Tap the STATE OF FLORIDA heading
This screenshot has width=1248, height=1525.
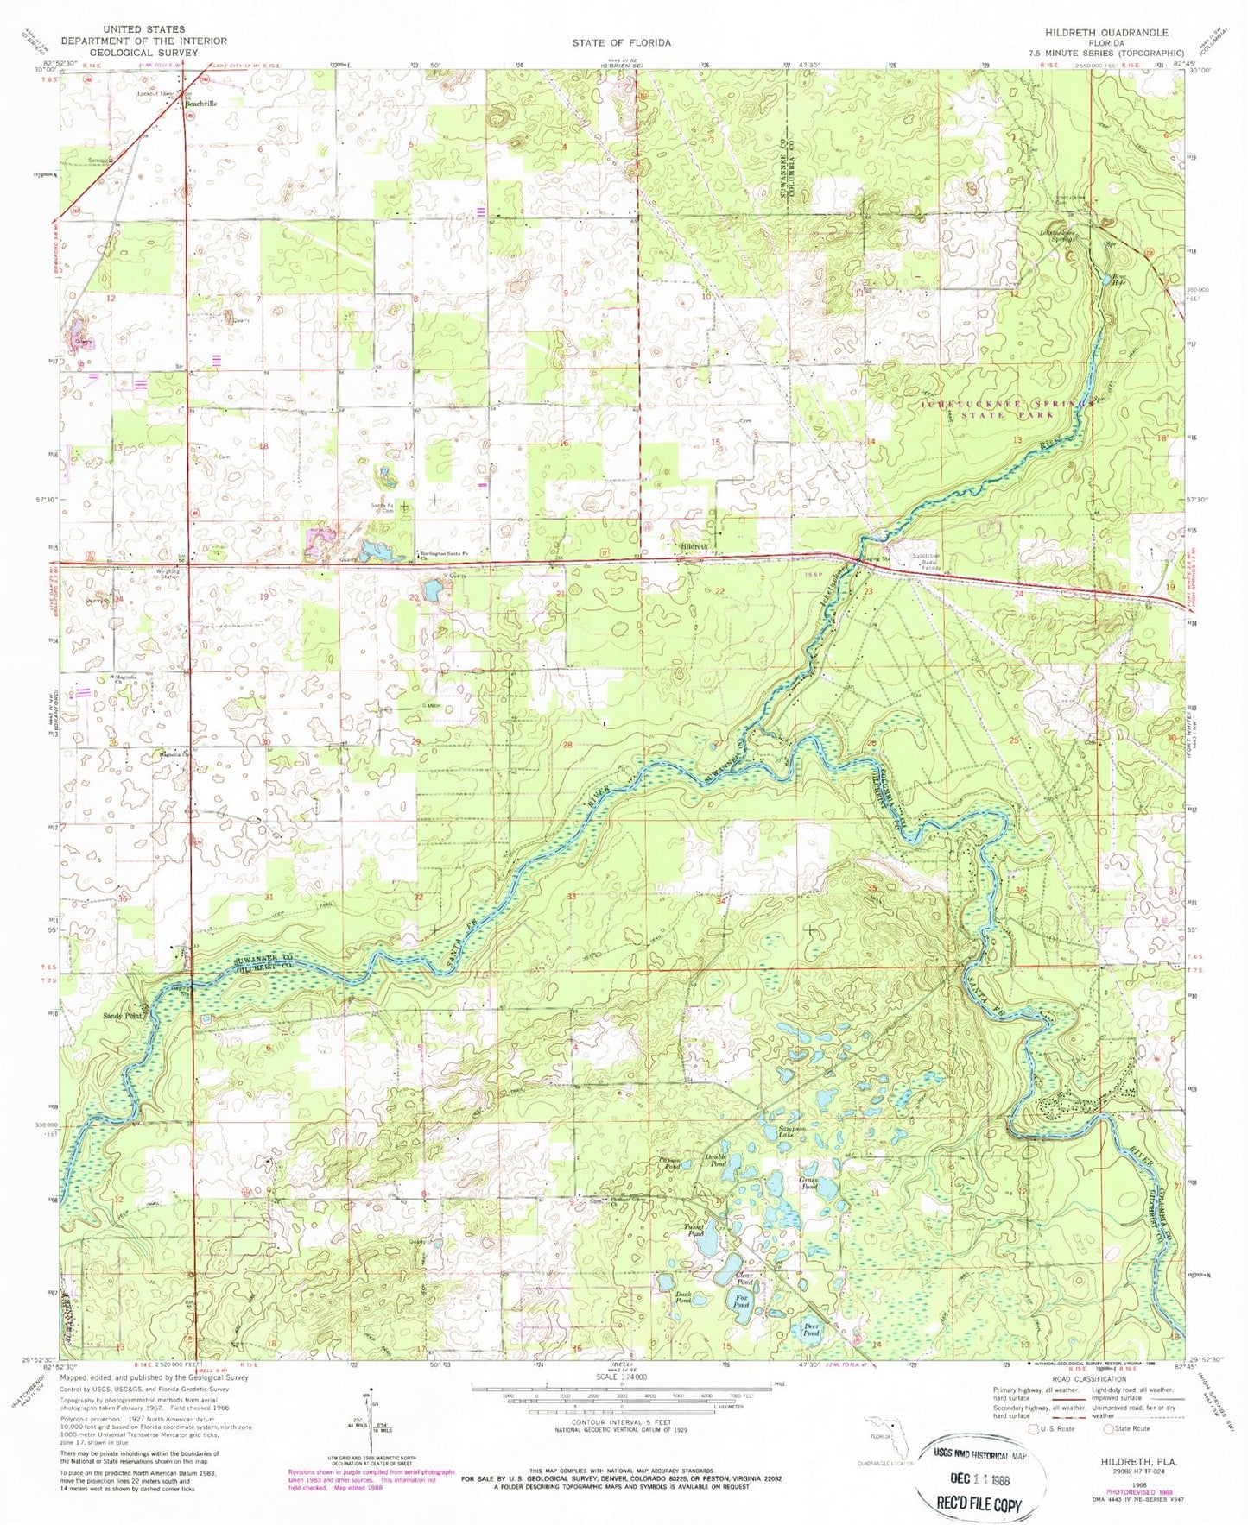pos(621,41)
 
